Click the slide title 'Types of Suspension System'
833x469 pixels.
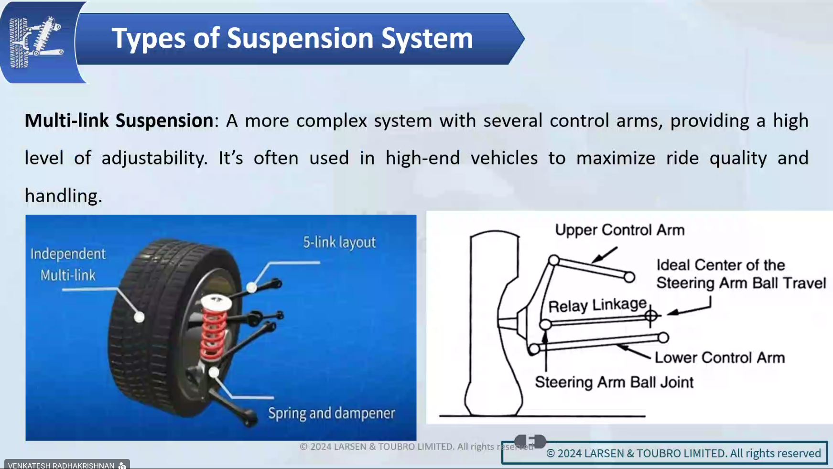[292, 39]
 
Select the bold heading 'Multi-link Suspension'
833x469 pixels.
[119, 120]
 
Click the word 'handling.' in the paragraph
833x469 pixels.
[64, 196]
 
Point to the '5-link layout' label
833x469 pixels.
[339, 242]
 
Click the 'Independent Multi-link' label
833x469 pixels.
[68, 264]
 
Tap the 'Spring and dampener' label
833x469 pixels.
[332, 413]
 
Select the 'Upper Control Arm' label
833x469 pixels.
[619, 230]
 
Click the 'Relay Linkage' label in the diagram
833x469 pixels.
[597, 305]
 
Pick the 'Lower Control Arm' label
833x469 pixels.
[719, 358]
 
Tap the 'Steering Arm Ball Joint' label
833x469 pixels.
[614, 382]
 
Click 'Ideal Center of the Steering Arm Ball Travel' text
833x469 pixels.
[741, 274]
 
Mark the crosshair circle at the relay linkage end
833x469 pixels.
[650, 316]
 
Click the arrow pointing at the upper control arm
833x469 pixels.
[605, 255]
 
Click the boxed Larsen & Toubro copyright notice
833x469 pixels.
[664, 453]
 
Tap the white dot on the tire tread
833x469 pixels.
[139, 316]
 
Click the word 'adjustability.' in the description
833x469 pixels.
[154, 158]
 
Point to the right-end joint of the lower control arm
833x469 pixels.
[663, 338]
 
